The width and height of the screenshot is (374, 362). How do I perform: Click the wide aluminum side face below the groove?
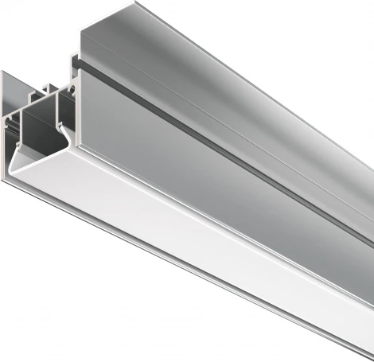[223, 159]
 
